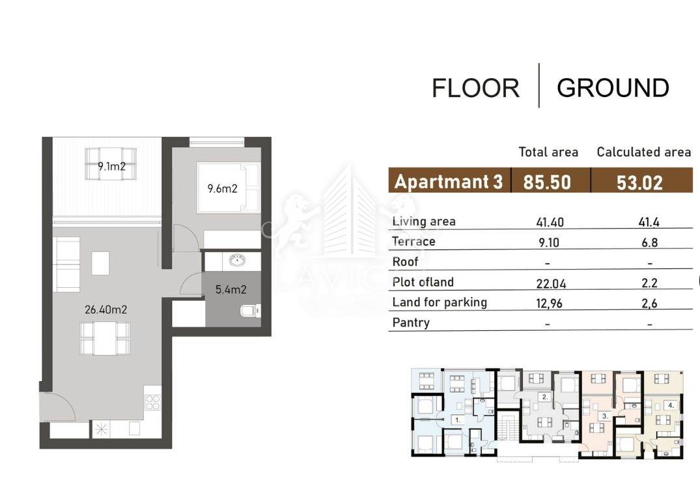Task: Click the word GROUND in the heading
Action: tap(613, 87)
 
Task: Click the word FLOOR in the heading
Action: tap(475, 88)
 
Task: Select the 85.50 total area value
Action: tap(547, 182)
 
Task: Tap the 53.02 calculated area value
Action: tap(639, 182)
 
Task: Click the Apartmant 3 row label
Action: tap(448, 182)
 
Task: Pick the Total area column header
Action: tap(548, 152)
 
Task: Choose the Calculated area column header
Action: tap(644, 152)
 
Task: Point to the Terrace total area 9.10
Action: tap(549, 242)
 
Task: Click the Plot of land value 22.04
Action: tap(551, 283)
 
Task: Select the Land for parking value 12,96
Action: tap(549, 303)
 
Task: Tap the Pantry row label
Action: tap(411, 322)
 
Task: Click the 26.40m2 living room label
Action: tap(105, 309)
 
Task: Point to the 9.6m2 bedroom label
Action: tap(222, 188)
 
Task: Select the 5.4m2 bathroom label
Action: tap(231, 290)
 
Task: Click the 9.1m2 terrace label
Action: tap(111, 167)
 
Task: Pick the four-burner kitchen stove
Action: tap(152, 402)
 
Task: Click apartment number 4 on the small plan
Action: tap(671, 406)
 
